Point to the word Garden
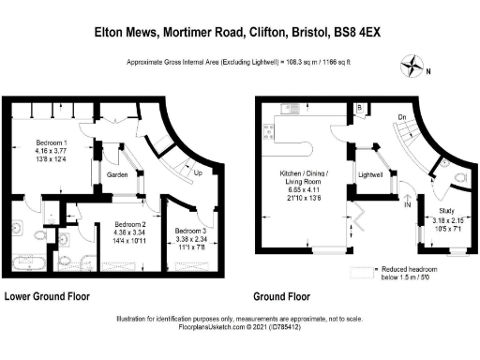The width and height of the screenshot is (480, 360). (x=117, y=173)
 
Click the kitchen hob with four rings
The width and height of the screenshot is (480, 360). (x=269, y=131)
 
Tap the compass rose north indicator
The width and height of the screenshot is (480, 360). (x=412, y=67)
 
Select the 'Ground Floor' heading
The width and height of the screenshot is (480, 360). (x=282, y=296)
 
